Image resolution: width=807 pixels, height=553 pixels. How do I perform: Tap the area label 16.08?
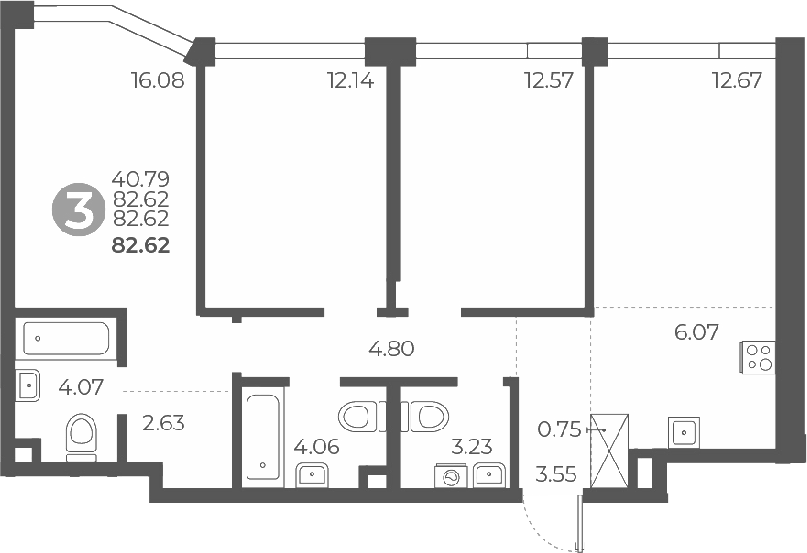[x=157, y=81]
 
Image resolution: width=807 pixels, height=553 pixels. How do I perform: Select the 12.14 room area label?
[x=350, y=81]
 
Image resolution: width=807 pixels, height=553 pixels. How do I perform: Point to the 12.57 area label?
[x=548, y=81]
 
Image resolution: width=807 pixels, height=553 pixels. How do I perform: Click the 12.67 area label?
[x=737, y=81]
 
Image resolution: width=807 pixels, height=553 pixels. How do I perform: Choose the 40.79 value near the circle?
[x=140, y=181]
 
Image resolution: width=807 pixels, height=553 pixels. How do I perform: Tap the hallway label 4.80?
[x=391, y=350]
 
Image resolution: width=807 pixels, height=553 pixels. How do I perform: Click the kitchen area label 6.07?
[x=696, y=332]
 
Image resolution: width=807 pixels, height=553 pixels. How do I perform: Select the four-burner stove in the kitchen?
[x=757, y=357]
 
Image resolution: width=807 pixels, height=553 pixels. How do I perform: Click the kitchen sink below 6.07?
[x=684, y=432]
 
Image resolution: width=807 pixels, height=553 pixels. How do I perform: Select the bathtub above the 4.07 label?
[x=67, y=339]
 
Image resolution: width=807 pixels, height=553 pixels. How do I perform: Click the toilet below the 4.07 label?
[x=81, y=436]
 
